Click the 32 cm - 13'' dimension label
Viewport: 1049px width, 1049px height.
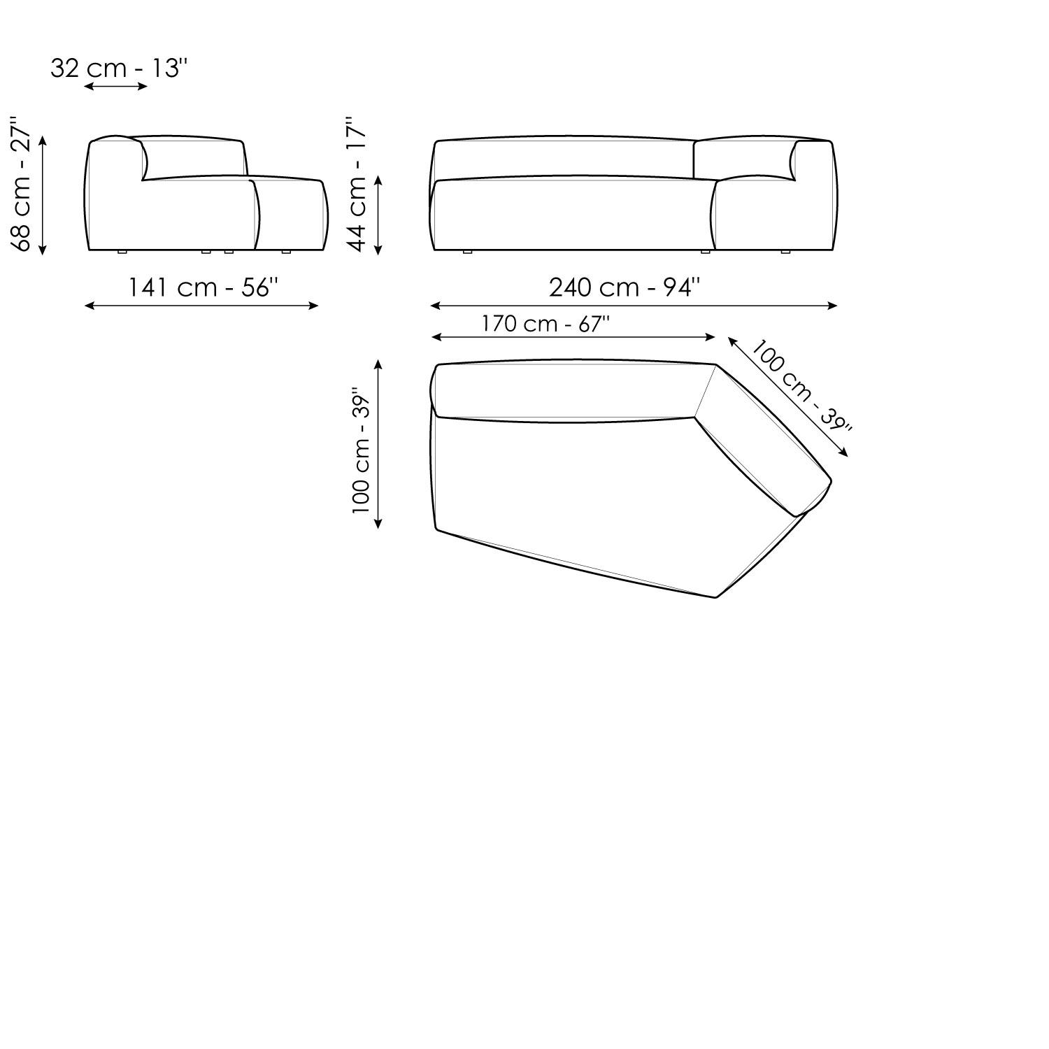(119, 69)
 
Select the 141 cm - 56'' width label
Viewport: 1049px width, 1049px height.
(203, 287)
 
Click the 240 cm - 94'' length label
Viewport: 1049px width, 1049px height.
(624, 287)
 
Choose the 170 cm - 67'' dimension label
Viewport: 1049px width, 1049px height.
(545, 324)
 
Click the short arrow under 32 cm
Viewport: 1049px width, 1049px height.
(115, 86)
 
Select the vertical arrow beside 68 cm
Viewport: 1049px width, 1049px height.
(43, 195)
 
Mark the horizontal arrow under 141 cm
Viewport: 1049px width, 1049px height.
(201, 306)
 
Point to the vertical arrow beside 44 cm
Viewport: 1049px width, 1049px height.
(378, 214)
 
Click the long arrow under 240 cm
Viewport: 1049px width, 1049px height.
(634, 306)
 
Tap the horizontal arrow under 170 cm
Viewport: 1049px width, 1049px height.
(573, 337)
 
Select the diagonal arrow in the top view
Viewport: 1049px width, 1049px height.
(788, 397)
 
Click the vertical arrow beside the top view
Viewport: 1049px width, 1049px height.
(378, 443)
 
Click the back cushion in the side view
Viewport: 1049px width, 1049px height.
(194, 158)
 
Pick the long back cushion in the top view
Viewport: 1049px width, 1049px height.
(566, 392)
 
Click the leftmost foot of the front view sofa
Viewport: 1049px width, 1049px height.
(467, 251)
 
